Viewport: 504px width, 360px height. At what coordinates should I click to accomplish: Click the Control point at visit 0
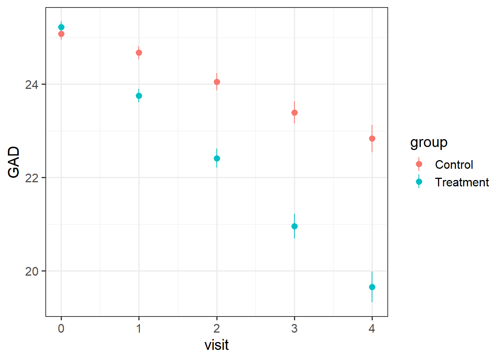click(x=61, y=34)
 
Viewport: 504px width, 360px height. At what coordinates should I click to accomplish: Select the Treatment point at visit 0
click(x=61, y=27)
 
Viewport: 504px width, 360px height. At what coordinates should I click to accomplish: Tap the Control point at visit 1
click(x=139, y=53)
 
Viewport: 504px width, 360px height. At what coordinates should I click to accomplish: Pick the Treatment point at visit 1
click(x=139, y=96)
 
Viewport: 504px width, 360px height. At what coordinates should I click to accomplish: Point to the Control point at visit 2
click(x=217, y=82)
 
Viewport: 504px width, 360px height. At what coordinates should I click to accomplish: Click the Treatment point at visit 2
click(x=217, y=159)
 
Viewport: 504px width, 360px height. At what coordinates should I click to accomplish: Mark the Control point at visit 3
click(x=294, y=113)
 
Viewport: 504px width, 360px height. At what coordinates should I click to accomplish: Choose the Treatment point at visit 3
click(x=294, y=226)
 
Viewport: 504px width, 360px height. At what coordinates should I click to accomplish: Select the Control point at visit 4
click(x=372, y=139)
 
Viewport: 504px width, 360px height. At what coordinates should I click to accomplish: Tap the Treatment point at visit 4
click(x=372, y=287)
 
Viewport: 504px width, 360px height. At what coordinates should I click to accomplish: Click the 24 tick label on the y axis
click(x=32, y=85)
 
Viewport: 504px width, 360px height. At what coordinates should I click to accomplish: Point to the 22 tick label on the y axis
click(x=32, y=178)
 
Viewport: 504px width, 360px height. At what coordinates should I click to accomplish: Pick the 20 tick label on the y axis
click(x=32, y=271)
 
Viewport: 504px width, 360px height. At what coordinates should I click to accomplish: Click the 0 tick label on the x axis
click(x=61, y=329)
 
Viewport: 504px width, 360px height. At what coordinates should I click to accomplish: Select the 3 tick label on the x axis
click(x=294, y=329)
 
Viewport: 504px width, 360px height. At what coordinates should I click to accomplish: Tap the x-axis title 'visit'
click(x=216, y=345)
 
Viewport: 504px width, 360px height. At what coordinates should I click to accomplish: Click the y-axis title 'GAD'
click(x=14, y=162)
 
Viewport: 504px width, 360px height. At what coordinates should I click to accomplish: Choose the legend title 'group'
click(x=429, y=143)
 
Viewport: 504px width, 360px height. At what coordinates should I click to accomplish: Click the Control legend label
click(x=454, y=165)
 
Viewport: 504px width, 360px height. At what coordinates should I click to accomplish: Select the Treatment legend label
click(x=462, y=182)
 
